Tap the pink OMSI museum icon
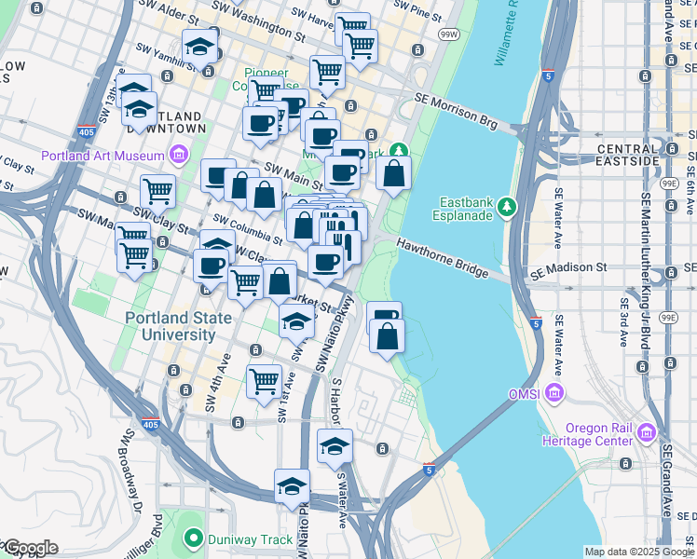(x=555, y=392)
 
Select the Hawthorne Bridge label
(x=443, y=257)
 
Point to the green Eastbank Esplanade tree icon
(x=506, y=204)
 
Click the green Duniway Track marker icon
(x=194, y=537)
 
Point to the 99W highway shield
(x=448, y=34)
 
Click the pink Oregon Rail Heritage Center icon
(x=647, y=433)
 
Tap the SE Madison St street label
(x=568, y=267)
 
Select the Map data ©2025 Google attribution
(x=639, y=552)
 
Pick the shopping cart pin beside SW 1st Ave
(x=264, y=382)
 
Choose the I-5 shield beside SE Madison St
(x=536, y=322)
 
